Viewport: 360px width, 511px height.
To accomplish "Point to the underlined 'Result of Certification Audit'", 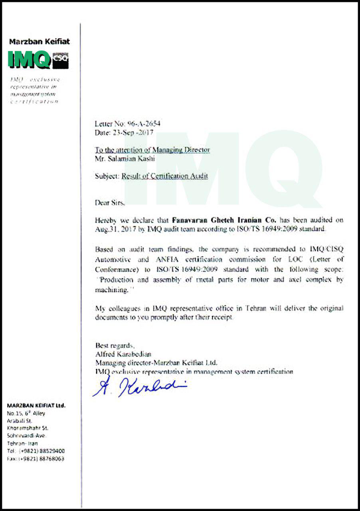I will [164, 176].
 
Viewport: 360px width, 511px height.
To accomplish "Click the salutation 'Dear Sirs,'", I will [110, 202].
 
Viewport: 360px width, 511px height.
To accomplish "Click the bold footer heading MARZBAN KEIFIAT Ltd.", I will [36, 405].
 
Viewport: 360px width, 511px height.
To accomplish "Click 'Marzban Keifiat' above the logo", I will [39, 42].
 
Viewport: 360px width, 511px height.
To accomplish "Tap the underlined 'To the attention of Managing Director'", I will [152, 150].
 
